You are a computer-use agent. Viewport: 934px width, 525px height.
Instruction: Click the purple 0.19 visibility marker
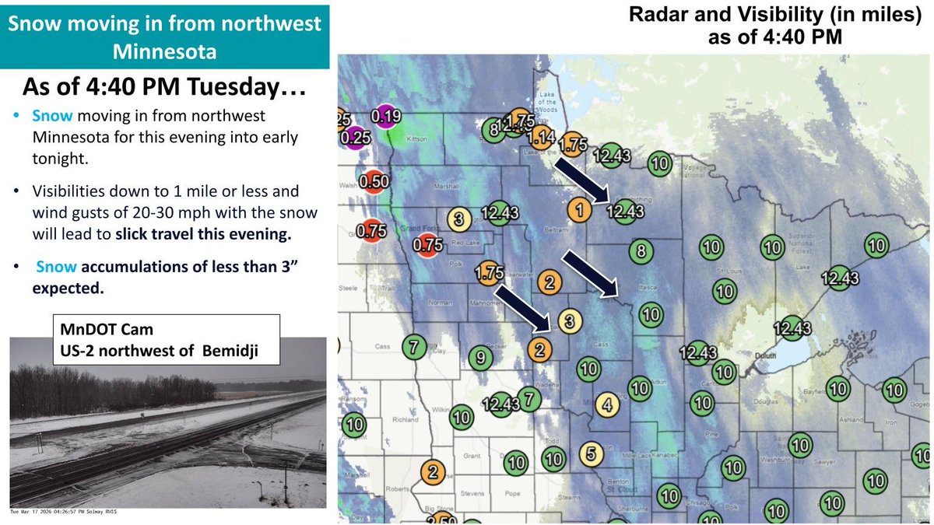click(385, 117)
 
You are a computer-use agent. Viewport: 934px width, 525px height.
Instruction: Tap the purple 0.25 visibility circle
click(355, 138)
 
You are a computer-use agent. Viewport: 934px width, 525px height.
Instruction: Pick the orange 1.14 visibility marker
click(540, 138)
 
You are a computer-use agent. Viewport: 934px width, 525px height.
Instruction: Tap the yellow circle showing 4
click(608, 404)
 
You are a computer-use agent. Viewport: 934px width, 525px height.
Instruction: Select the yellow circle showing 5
click(591, 454)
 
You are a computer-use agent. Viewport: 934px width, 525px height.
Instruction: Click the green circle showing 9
click(481, 358)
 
